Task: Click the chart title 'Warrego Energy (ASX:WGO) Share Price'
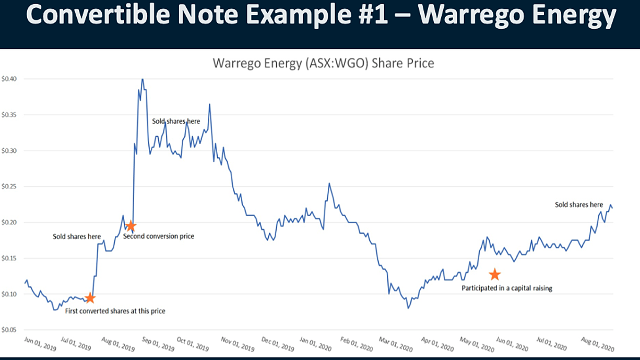coord(323,63)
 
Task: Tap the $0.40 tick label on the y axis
coord(9,79)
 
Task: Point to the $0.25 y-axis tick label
coord(9,186)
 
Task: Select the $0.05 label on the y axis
coord(9,330)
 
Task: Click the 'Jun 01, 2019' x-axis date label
coord(40,343)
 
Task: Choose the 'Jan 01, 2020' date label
coord(315,344)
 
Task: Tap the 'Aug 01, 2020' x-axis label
coord(598,344)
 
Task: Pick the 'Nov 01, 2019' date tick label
coord(238,344)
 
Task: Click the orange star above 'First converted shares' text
coord(90,298)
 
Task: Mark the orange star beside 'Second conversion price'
coord(131,226)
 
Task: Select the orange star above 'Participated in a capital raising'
coord(494,274)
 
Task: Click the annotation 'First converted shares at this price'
coord(115,311)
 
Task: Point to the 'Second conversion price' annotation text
coord(159,236)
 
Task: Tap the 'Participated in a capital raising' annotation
coord(507,288)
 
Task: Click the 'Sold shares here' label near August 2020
coord(579,205)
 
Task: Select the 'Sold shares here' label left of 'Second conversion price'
coord(77,236)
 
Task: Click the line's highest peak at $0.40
coord(143,79)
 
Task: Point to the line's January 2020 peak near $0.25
coord(329,183)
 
